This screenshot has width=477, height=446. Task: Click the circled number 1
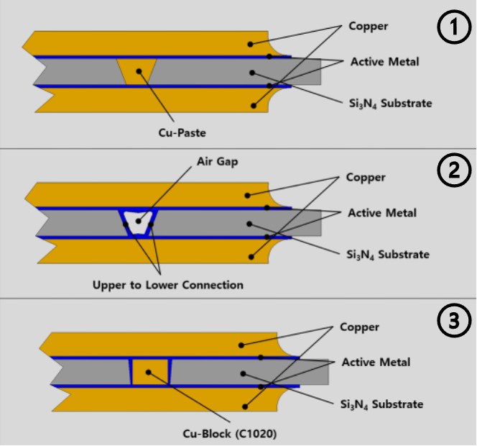[452, 29]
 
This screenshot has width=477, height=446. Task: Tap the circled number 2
[452, 173]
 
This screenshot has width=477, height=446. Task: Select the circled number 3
[452, 321]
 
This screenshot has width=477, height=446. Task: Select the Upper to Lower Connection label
[168, 285]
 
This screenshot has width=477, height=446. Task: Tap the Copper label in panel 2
[366, 177]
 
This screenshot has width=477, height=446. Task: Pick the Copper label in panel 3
[359, 327]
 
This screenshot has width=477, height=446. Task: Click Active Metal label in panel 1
[384, 62]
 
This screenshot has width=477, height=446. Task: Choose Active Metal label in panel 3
[376, 362]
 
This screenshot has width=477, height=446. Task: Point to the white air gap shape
[138, 219]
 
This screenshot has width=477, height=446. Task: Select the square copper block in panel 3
[149, 372]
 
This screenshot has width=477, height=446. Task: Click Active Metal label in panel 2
[381, 213]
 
